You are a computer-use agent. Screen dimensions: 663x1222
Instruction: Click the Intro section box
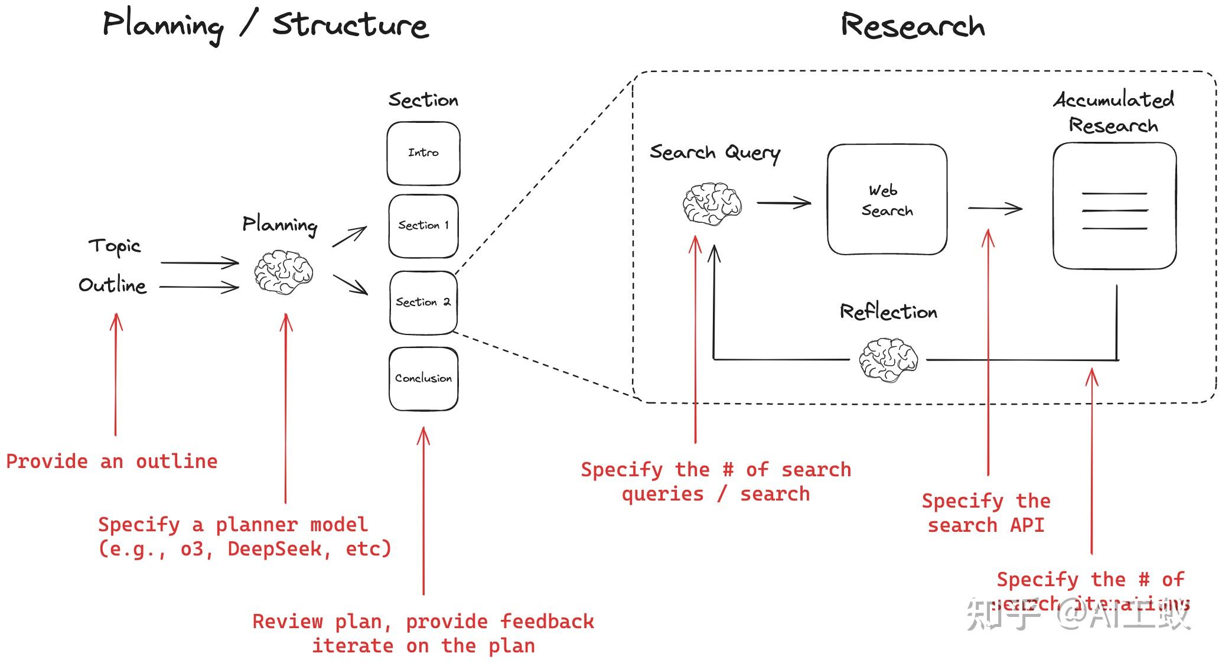(423, 153)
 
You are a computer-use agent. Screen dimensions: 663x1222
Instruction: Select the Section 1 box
(423, 226)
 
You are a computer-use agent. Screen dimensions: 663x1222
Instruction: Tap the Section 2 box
(423, 303)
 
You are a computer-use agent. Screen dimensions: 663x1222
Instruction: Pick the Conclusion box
(423, 378)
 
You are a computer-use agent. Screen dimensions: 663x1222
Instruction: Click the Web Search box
(887, 200)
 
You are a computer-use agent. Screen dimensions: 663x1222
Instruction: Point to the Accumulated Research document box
(1114, 206)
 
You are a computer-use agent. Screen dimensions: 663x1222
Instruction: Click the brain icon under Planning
(283, 272)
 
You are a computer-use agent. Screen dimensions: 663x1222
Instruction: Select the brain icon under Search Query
(712, 204)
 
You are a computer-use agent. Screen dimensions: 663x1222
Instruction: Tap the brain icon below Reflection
(888, 359)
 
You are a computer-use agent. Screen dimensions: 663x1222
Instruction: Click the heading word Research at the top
(913, 26)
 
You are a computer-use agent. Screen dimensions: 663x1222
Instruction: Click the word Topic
(115, 246)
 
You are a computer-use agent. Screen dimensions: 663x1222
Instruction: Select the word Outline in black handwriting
(112, 285)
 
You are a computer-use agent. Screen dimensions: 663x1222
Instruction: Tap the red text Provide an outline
(112, 461)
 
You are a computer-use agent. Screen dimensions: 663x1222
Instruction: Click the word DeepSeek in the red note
(275, 549)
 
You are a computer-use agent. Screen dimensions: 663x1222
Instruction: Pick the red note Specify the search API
(986, 513)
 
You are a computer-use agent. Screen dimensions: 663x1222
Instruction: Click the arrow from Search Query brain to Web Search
(784, 203)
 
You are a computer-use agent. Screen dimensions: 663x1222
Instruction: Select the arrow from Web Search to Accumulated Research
(995, 208)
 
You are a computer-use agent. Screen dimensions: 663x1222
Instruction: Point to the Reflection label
(888, 312)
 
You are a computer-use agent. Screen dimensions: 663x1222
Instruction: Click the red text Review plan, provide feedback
(423, 622)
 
